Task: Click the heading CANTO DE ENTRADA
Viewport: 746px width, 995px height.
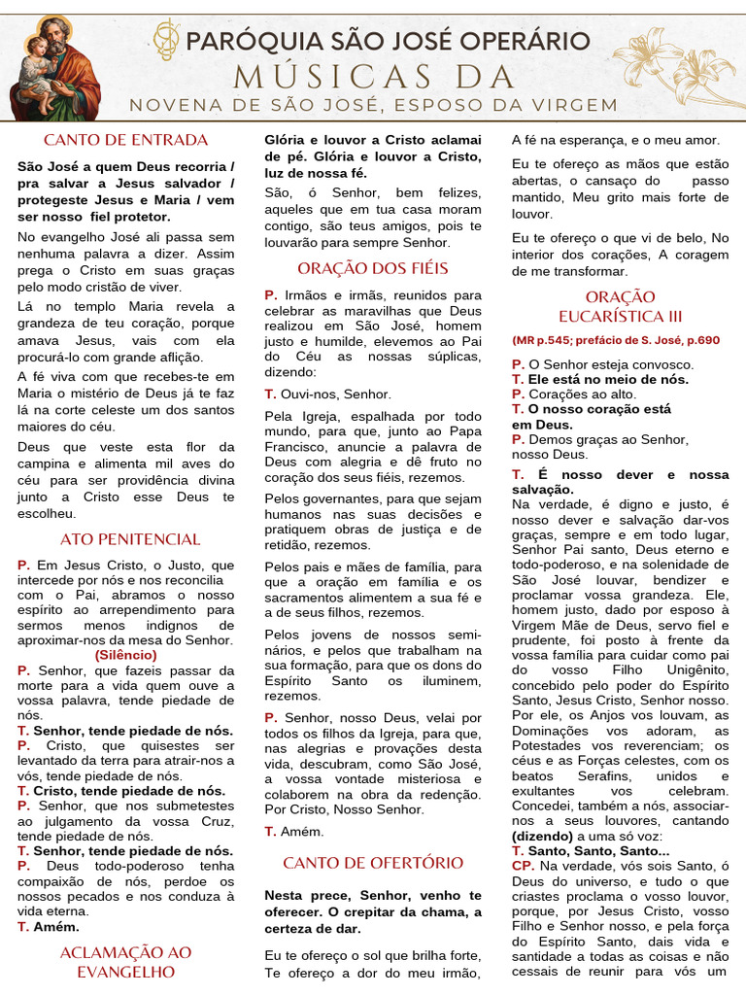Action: click(x=125, y=140)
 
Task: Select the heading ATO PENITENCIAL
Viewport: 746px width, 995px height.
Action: click(x=130, y=539)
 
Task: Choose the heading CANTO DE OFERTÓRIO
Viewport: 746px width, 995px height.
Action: click(x=373, y=863)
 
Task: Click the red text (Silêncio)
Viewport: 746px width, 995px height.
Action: click(x=125, y=655)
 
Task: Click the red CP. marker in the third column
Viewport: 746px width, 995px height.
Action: click(x=523, y=866)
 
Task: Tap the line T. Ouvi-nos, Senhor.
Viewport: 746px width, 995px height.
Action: click(x=328, y=395)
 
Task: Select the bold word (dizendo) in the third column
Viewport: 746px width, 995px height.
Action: click(x=543, y=836)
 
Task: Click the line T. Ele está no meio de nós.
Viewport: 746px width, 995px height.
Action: click(x=600, y=379)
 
